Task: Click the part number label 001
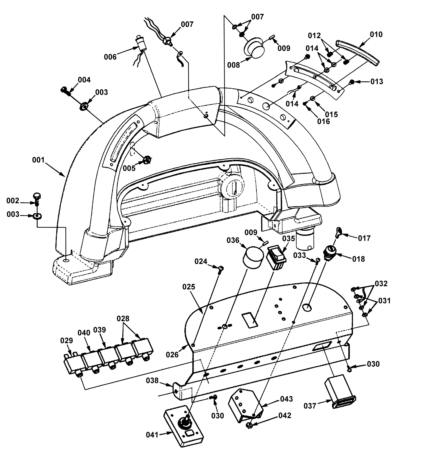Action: (x=38, y=160)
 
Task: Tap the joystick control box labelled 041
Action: (x=184, y=427)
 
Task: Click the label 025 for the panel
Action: (x=189, y=287)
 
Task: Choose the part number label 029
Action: (x=66, y=341)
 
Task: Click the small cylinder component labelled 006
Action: (x=140, y=43)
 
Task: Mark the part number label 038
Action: (x=152, y=380)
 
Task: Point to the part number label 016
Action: (x=323, y=121)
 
